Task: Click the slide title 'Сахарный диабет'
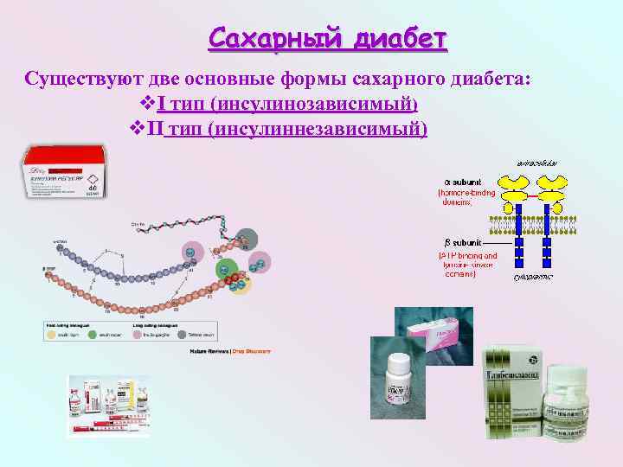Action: coord(328,40)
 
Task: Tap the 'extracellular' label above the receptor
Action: coord(536,163)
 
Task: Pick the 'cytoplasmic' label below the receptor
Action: coord(534,277)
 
